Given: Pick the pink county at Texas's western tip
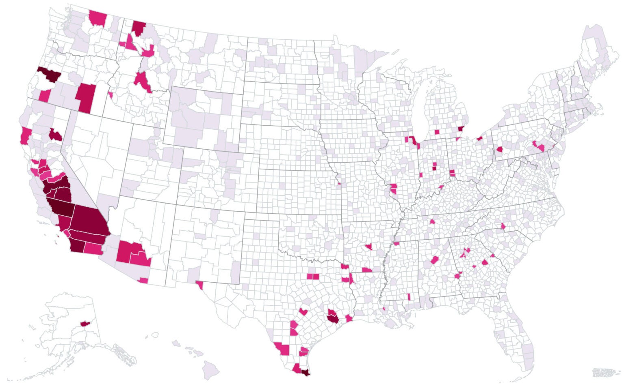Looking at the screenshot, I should click(x=199, y=285).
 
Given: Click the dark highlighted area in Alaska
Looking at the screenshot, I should click(x=85, y=323).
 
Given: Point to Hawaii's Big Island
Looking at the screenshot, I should click(x=212, y=369).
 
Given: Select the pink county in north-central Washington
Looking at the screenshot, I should click(x=97, y=17).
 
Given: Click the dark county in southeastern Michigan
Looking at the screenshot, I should click(x=460, y=130).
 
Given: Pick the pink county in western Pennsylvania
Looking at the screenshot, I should click(x=499, y=150).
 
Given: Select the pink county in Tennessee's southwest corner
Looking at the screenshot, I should click(x=396, y=243).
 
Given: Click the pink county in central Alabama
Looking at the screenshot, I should click(x=435, y=260).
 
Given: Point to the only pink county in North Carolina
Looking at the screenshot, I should click(x=503, y=226).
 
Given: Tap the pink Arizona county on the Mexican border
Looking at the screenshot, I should click(x=143, y=280).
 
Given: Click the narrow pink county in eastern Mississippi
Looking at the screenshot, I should click(x=409, y=297).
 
